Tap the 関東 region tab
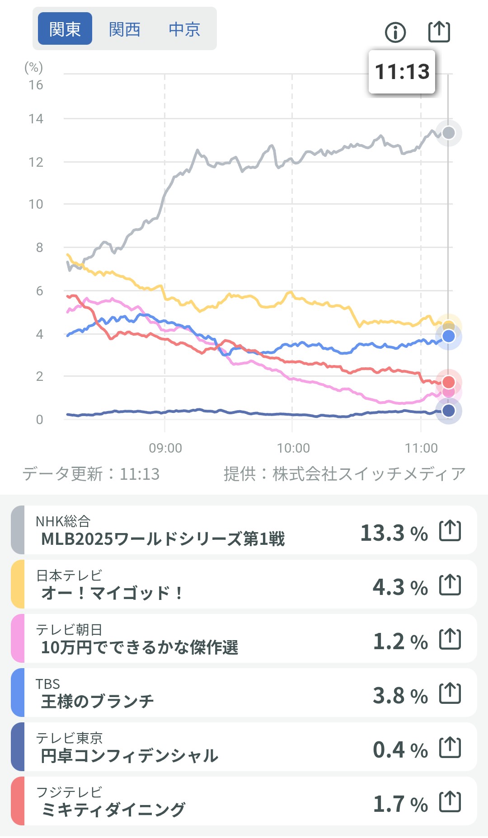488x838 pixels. pyautogui.click(x=65, y=29)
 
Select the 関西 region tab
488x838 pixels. pyautogui.click(x=124, y=29)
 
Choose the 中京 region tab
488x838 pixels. pyautogui.click(x=184, y=29)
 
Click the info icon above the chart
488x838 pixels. pyautogui.click(x=395, y=32)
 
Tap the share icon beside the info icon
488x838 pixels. pyautogui.click(x=439, y=32)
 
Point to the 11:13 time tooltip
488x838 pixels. pyautogui.click(x=402, y=72)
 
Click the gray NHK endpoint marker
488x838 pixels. pyautogui.click(x=448, y=133)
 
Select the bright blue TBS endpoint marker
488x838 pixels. pyautogui.click(x=448, y=336)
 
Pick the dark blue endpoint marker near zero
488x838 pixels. pyautogui.click(x=448, y=411)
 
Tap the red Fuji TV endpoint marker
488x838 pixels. pyautogui.click(x=448, y=382)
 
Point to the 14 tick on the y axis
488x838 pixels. pyautogui.click(x=36, y=119)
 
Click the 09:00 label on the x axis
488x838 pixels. pyautogui.click(x=165, y=448)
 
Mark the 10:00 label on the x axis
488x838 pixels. pyautogui.click(x=293, y=448)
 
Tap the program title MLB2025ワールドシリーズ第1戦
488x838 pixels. pyautogui.click(x=163, y=539)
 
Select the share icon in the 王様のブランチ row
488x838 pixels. pyautogui.click(x=450, y=693)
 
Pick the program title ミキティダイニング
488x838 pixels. pyautogui.click(x=113, y=810)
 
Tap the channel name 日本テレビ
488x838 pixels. pyautogui.click(x=69, y=575)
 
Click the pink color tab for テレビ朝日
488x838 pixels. pyautogui.click(x=18, y=638)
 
